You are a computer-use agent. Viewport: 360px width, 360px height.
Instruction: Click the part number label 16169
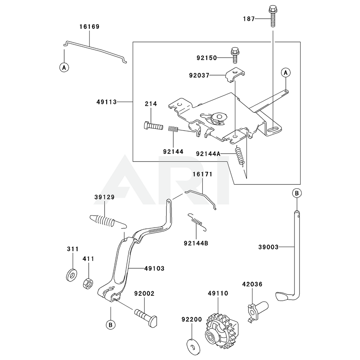tap(89, 27)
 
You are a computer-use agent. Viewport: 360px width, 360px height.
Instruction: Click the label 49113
tap(107, 102)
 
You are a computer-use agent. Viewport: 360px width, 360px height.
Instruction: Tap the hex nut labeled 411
tap(87, 283)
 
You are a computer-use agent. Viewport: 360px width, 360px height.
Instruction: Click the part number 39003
tap(268, 247)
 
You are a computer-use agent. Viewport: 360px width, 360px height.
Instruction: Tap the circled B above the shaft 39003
tap(296, 193)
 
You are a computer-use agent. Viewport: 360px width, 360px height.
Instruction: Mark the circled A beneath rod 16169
tap(64, 67)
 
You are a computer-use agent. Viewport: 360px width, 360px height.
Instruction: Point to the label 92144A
tap(208, 153)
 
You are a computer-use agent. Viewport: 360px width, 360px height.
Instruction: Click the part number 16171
tap(203, 174)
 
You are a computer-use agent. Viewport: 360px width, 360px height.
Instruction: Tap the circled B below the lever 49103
tap(111, 324)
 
